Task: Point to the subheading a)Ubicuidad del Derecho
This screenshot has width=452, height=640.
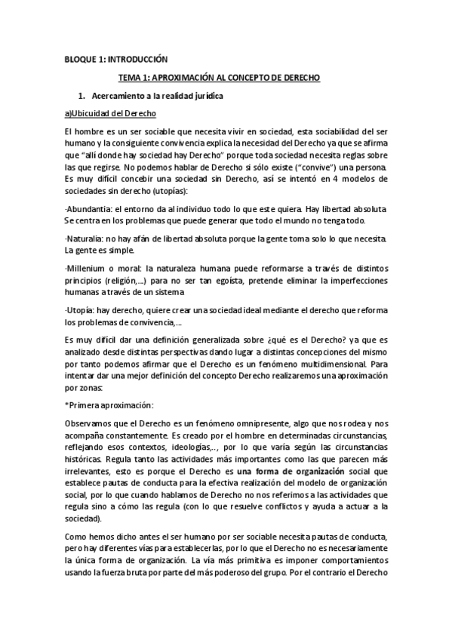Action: [x=111, y=113]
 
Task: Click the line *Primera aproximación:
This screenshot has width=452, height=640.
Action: [x=109, y=404]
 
